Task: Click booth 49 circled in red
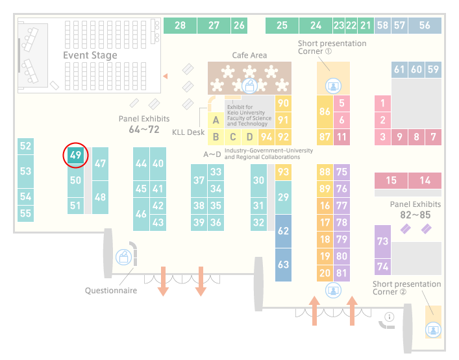pos(75,155)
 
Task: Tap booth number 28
pos(180,25)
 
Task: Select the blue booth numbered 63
pos(283,265)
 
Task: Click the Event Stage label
pos(90,55)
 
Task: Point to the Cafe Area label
pos(249,55)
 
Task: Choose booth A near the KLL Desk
pos(216,120)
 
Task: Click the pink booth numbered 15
pos(391,180)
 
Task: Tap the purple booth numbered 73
pos(382,241)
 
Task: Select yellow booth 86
pos(325,112)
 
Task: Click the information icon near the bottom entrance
pos(390,317)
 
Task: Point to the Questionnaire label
pos(111,291)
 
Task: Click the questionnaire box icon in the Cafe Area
pos(249,86)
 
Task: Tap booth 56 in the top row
pos(425,25)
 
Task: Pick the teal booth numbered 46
pos(141,214)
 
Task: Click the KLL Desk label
pos(188,132)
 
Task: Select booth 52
pos(25,146)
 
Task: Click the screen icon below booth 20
pos(333,291)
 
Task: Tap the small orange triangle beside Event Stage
pos(166,77)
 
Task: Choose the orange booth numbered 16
pos(325,206)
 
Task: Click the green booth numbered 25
pos(282,25)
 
